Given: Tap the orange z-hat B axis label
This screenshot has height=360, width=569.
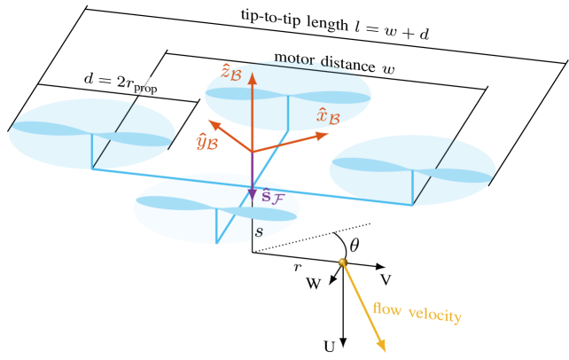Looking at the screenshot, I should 229,70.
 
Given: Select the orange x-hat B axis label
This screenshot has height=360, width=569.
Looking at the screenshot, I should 328,115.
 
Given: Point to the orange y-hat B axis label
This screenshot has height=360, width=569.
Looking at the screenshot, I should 207,141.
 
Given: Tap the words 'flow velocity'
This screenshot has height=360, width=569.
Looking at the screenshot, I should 417,312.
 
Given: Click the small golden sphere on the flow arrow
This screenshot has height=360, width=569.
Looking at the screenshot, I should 343,262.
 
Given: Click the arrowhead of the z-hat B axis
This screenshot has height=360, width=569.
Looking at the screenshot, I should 252,78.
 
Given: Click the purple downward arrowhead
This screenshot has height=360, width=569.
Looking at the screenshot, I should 253,194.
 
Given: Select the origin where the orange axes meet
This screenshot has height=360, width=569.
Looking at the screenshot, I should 253,152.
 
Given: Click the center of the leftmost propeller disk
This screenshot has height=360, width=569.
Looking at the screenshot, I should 92,134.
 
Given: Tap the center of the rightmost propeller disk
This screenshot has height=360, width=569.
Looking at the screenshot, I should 412,170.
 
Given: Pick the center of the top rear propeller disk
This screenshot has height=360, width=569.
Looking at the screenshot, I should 288,95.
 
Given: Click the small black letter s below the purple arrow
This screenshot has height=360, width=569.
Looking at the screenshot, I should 259,232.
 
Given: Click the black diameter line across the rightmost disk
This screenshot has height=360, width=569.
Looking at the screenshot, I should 434,171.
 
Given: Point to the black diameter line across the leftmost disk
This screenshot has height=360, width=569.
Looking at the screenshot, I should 114,134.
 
